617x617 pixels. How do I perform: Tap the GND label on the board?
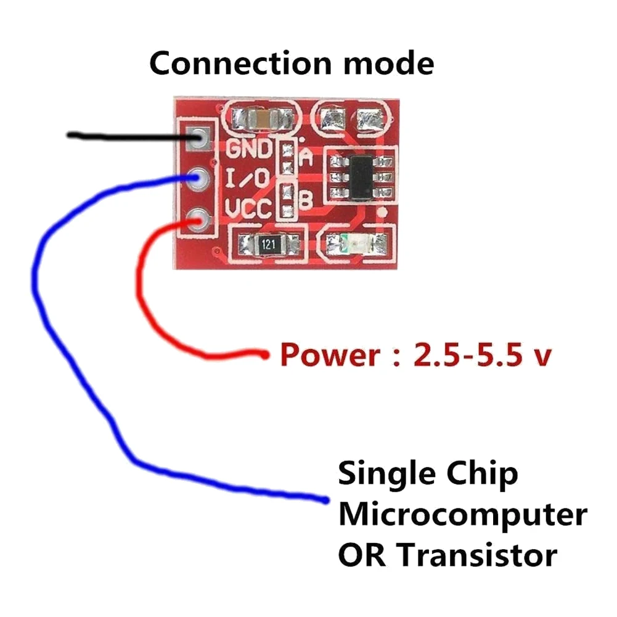249,149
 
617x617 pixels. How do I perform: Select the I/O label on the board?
247,179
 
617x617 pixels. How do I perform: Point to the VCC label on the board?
248,210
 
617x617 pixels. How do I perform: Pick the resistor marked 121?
267,243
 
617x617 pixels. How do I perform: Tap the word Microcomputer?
462,515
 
